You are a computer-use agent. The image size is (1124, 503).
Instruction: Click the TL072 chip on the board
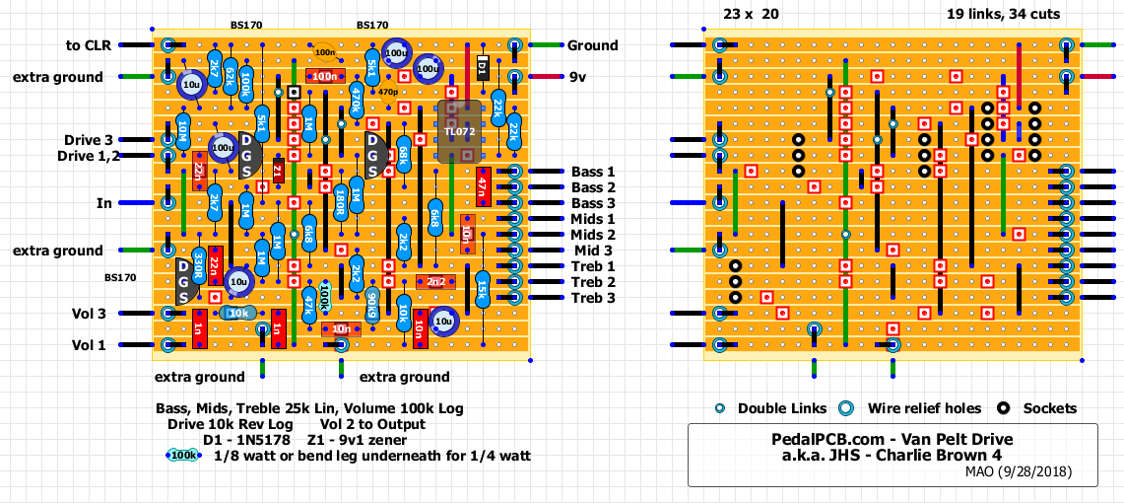(x=458, y=131)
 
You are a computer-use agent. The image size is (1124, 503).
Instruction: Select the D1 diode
(x=482, y=67)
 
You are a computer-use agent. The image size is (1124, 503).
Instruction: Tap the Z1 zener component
(x=278, y=172)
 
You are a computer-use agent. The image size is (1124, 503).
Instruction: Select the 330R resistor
(x=198, y=266)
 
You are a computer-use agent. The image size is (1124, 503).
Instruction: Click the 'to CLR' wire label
(x=88, y=45)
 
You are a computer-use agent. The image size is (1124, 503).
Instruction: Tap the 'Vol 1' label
(x=89, y=345)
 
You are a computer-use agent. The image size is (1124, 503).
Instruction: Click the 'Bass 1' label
(x=593, y=172)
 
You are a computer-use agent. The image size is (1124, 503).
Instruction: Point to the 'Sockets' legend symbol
(x=1005, y=408)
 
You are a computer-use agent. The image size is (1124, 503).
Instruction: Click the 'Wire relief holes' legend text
(x=924, y=408)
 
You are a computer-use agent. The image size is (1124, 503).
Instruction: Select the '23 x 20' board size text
(x=751, y=14)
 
